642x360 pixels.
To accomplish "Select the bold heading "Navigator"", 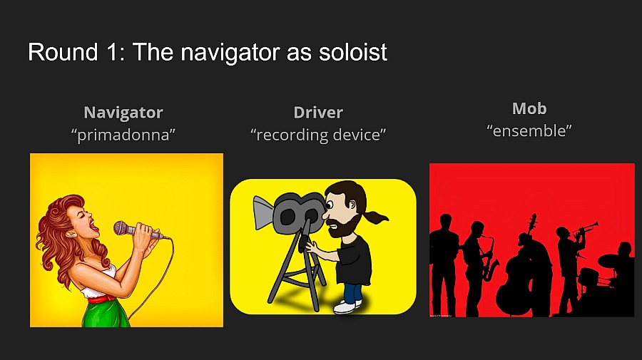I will pos(123,112).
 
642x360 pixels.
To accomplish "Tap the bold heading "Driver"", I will pos(318,112).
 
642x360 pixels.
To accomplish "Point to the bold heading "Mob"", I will pos(529,108).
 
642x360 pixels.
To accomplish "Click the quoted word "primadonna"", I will pos(123,134).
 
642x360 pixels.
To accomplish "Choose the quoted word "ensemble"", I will pos(529,130).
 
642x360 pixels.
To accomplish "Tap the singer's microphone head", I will pos(123,228).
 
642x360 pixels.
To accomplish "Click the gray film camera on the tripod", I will pos(293,210).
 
